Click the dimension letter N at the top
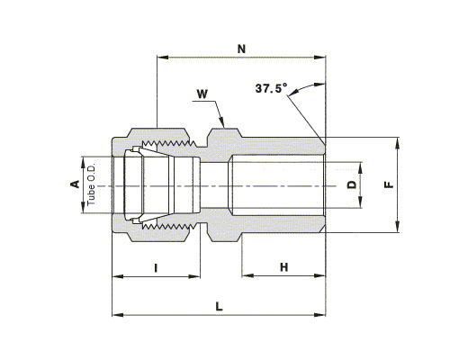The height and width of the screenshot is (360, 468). click(x=241, y=49)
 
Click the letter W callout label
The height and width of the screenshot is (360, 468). click(x=202, y=94)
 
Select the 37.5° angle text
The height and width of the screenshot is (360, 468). click(x=271, y=88)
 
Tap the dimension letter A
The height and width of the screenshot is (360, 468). click(x=75, y=184)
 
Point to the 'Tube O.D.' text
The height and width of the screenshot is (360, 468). click(x=91, y=184)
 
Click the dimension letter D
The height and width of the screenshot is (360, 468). click(x=352, y=184)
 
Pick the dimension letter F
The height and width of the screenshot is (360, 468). click(x=389, y=184)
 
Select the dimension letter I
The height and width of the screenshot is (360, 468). click(x=156, y=267)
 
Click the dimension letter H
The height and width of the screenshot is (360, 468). click(x=283, y=267)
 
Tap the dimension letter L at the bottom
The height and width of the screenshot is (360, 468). click(x=220, y=307)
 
